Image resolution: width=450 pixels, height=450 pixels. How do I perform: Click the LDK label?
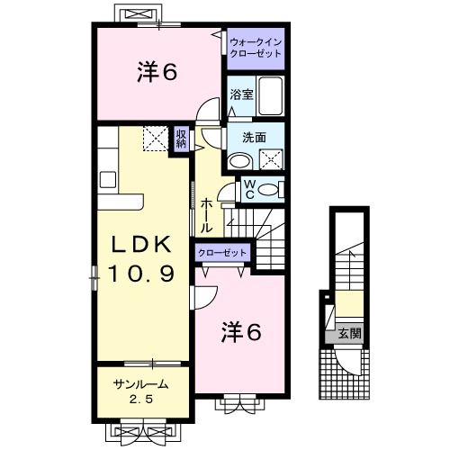[x=141, y=247]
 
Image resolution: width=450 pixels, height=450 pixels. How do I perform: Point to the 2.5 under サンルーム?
[x=139, y=399]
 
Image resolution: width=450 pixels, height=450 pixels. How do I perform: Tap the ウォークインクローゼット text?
[x=255, y=48]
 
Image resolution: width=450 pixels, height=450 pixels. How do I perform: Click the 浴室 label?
[x=240, y=94]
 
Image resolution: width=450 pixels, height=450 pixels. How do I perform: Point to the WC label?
[x=249, y=191]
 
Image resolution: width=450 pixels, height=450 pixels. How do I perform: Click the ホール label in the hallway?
[x=206, y=215]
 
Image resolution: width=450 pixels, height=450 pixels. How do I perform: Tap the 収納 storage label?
[x=181, y=139]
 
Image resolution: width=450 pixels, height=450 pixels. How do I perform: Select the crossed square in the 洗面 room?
[x=270, y=160]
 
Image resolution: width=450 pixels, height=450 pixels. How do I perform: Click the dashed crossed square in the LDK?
[x=155, y=139]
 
